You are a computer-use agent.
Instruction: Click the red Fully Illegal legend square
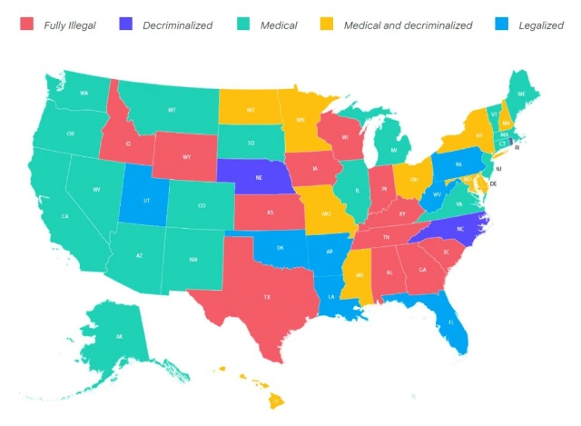click(27, 25)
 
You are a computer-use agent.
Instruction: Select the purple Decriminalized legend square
click(127, 25)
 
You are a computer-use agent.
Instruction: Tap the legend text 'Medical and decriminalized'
click(408, 25)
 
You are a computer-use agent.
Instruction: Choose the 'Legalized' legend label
click(541, 25)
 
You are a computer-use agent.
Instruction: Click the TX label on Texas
click(267, 297)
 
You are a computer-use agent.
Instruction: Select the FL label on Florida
click(449, 322)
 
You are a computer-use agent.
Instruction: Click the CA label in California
click(65, 216)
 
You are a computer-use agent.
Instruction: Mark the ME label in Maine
click(521, 94)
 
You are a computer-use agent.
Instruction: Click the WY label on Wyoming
click(186, 156)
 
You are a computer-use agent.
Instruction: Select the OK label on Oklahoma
click(281, 247)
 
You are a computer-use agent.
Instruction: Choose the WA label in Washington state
click(84, 94)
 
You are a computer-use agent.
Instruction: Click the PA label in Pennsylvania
click(458, 164)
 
